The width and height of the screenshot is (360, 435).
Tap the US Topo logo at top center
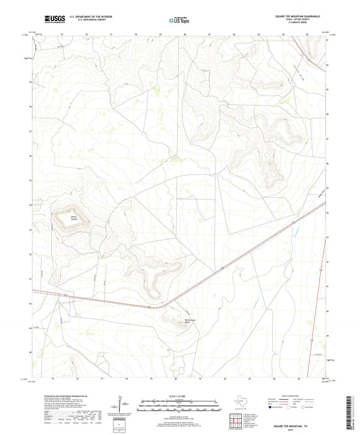tap(178, 21)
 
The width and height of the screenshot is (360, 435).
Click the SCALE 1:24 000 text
tap(180, 396)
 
